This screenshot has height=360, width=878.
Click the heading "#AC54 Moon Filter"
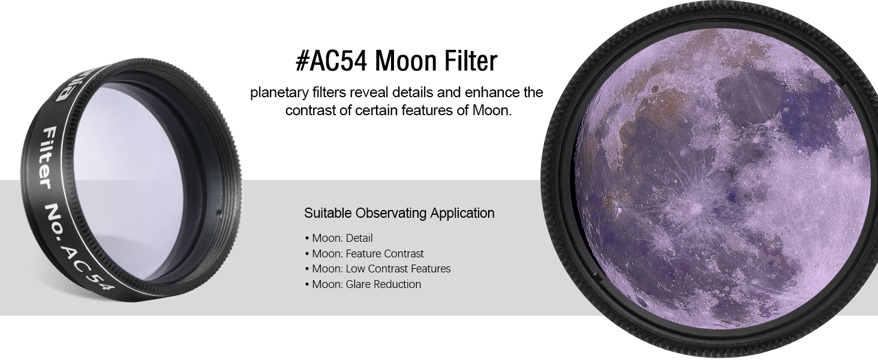tap(396, 61)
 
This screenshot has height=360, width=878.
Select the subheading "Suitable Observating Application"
tap(399, 213)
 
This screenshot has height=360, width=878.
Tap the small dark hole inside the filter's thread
tap(219, 213)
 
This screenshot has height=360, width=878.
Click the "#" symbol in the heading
tap(302, 61)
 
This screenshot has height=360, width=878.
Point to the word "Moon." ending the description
tap(492, 110)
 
